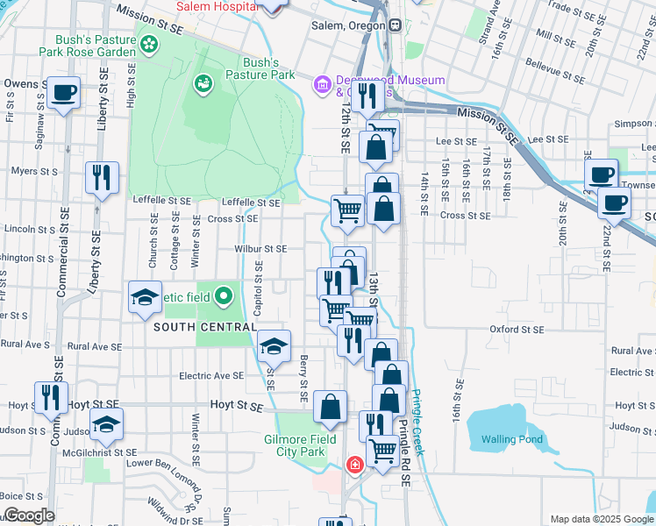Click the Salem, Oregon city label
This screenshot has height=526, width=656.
[348, 25]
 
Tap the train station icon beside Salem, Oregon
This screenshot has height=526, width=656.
[396, 25]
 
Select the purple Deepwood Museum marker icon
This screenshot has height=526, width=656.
[322, 85]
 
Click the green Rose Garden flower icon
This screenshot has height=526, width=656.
[150, 43]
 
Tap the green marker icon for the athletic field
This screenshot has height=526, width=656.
[224, 295]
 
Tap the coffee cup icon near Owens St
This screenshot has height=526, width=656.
[63, 93]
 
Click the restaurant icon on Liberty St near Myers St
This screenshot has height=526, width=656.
[102, 178]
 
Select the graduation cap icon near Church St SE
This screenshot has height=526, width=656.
[146, 296]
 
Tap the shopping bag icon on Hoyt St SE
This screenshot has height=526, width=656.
[330, 406]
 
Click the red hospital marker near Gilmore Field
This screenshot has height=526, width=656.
[354, 464]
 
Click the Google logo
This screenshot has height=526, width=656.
[29, 515]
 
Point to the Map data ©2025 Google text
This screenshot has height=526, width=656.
[601, 519]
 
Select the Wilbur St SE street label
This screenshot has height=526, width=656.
[260, 249]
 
